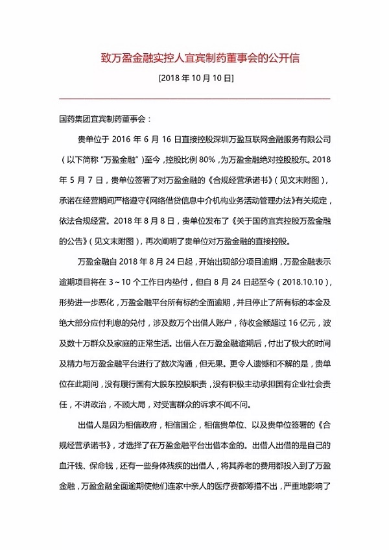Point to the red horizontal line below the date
click(x=194, y=99)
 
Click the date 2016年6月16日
click(x=148, y=139)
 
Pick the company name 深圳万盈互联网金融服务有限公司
click(x=273, y=139)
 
